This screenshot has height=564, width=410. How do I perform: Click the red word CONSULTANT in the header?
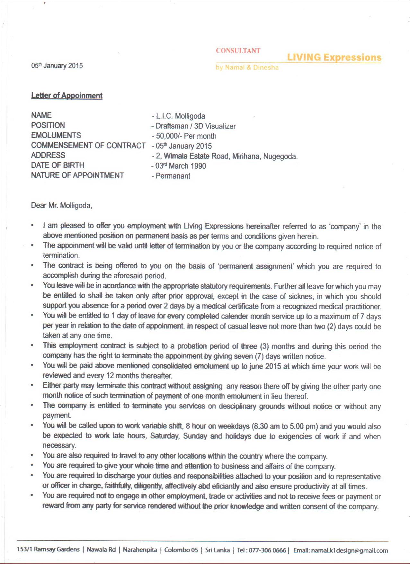[x=238, y=51]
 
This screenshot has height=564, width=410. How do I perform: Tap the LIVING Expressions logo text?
[x=334, y=58]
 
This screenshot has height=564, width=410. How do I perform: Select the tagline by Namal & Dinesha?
[x=247, y=67]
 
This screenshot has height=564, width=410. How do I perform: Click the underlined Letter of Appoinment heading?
[x=67, y=96]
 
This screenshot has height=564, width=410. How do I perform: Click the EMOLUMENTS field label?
[x=56, y=135]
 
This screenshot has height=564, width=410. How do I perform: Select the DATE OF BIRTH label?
[x=58, y=165]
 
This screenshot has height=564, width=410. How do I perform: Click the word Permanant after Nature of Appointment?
[x=173, y=176]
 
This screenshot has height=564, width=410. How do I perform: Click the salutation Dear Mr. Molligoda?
[x=61, y=205]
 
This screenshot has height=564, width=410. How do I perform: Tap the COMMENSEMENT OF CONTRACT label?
[x=88, y=145]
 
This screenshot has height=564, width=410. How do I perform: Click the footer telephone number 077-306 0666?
[x=267, y=550]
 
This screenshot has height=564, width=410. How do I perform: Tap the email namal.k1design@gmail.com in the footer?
[x=350, y=551]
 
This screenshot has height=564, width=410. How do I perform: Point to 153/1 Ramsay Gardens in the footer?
[x=48, y=549]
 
